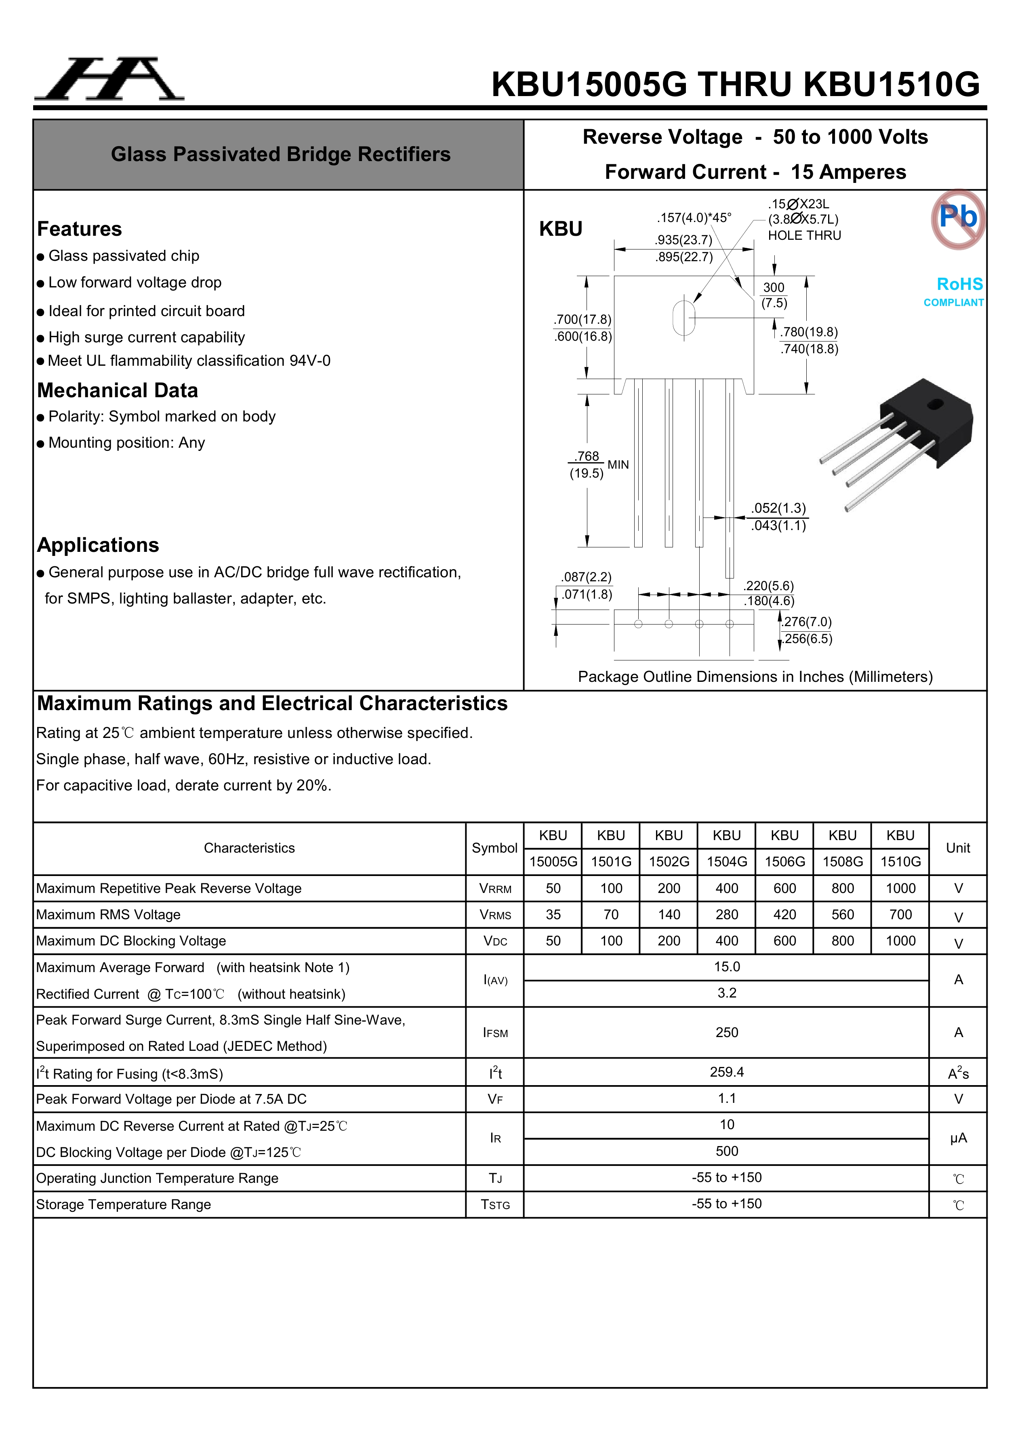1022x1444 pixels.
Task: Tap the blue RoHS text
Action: [x=959, y=284]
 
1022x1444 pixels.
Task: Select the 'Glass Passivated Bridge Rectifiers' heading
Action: [x=281, y=155]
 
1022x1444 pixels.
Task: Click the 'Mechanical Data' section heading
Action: [x=118, y=390]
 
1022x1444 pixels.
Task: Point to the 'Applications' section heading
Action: [x=98, y=545]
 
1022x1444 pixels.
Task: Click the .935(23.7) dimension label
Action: [x=683, y=240]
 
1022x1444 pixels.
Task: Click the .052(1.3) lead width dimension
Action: [x=778, y=508]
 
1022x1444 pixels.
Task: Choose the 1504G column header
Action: [x=727, y=861]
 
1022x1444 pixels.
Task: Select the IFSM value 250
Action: [x=726, y=1033]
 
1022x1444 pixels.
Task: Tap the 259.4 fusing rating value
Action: [x=726, y=1072]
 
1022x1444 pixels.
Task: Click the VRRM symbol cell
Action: [x=495, y=889]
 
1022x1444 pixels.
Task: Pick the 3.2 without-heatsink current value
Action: [x=726, y=993]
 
